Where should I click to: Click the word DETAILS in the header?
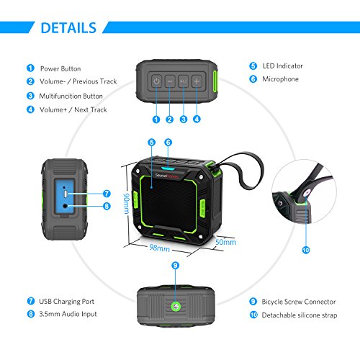point(68,28)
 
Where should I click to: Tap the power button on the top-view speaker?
point(156,81)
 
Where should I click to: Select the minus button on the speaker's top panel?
point(170,81)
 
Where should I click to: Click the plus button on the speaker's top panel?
point(197,81)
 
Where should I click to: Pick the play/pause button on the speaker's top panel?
point(184,81)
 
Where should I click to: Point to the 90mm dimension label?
point(126,204)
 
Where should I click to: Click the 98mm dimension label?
point(159,248)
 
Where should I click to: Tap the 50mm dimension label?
point(225,242)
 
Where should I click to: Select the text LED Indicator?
point(283,66)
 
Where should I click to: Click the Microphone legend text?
point(280,79)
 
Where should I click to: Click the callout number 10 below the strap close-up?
point(306,250)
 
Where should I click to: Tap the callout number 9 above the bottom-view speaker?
point(176,265)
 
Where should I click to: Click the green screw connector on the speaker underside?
point(176,307)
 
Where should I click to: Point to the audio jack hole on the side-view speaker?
point(65,206)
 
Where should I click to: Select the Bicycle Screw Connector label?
point(299,302)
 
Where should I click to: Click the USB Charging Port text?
point(66,302)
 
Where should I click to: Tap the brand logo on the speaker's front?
point(166,176)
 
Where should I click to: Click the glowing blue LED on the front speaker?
point(168,168)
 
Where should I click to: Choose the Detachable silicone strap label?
point(300,315)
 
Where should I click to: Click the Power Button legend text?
point(60,68)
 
